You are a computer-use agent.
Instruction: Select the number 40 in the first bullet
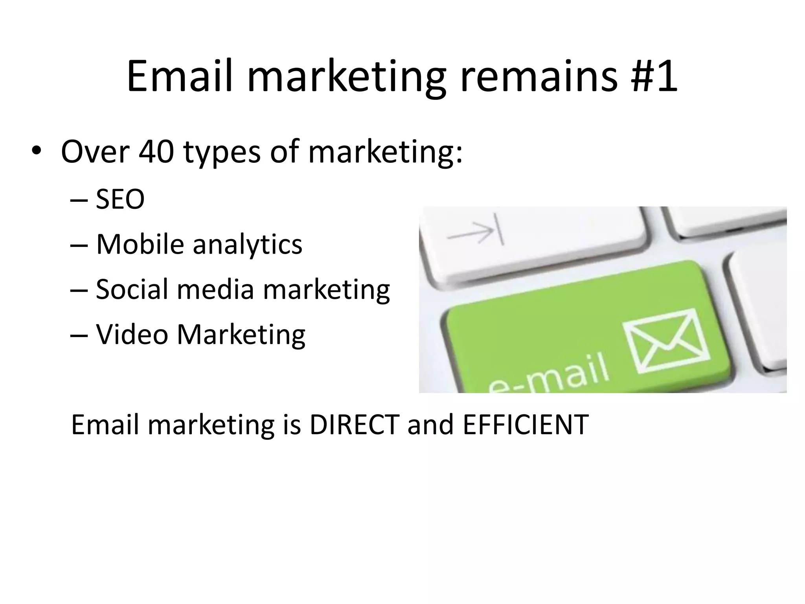click(x=156, y=152)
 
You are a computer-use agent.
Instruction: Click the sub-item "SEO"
click(x=120, y=199)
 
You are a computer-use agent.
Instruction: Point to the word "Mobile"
click(x=140, y=244)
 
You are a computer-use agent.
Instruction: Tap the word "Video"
click(x=132, y=334)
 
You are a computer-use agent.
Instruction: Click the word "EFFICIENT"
click(x=526, y=424)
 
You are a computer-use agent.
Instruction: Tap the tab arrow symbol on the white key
click(x=476, y=232)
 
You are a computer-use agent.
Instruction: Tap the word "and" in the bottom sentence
click(x=431, y=424)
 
